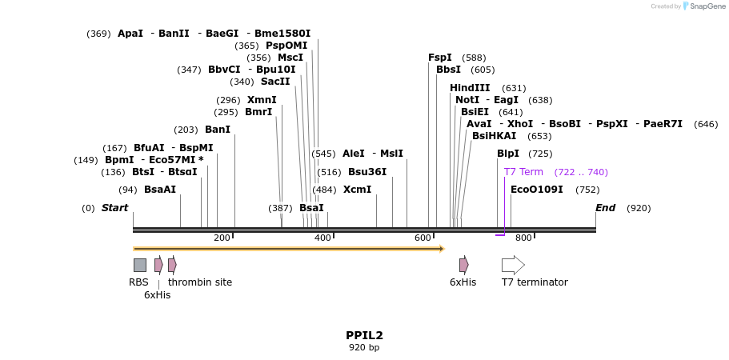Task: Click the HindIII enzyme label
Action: pos(470,88)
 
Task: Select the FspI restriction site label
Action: pos(440,58)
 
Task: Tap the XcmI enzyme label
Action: pos(357,190)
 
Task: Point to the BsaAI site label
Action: pos(160,190)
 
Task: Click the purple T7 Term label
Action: pos(523,172)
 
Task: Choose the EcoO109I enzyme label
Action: pos(536,190)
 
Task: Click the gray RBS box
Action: pos(140,265)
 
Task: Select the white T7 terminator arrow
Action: pos(513,265)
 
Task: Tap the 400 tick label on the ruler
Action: pos(322,238)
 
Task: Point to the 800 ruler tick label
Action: pos(523,238)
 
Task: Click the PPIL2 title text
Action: pos(364,335)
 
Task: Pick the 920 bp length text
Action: pos(364,347)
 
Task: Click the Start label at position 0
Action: pos(114,208)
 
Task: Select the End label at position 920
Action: pos(606,208)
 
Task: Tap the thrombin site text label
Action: pos(200,282)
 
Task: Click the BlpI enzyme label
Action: pos(508,154)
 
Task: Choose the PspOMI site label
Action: pos(286,46)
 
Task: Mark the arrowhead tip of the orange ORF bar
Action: pos(443,249)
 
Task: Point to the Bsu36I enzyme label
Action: pos(367,172)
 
